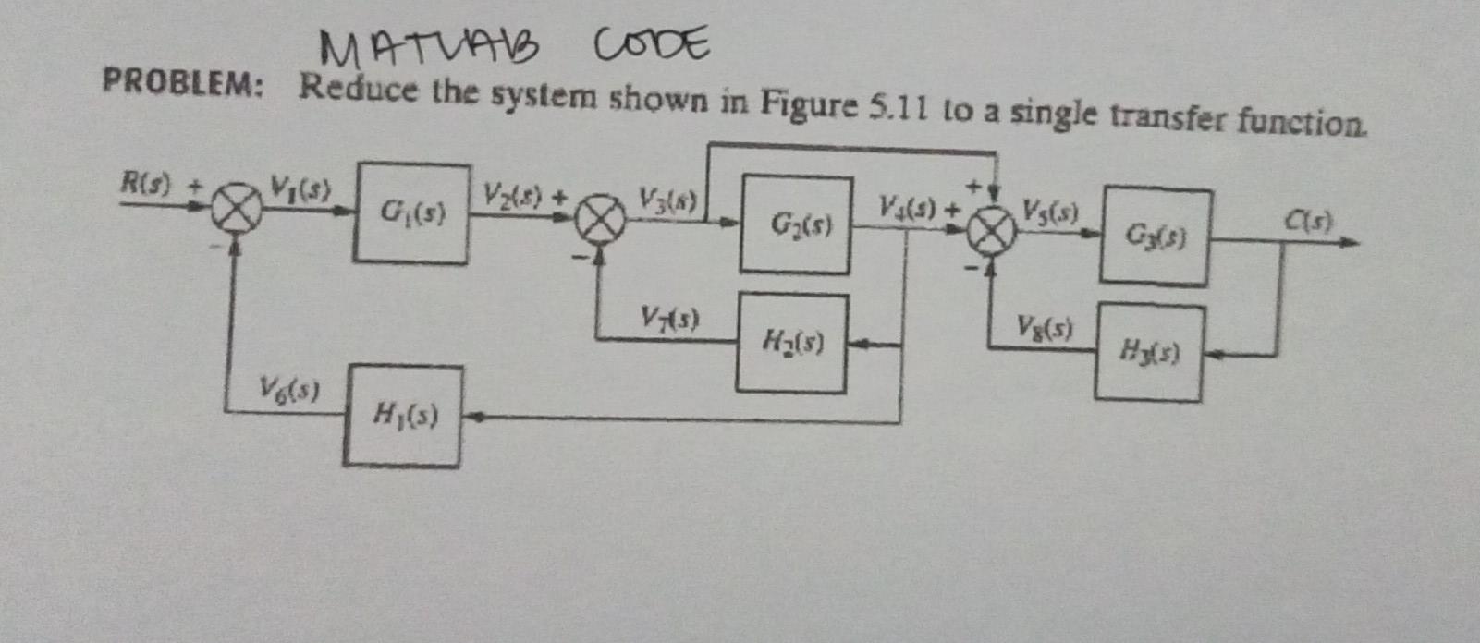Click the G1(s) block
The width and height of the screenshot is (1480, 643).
pos(410,214)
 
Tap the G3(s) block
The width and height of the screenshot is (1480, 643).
pos(1155,237)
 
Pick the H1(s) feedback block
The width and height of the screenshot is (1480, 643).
pos(402,416)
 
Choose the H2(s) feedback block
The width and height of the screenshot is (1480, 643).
pos(791,344)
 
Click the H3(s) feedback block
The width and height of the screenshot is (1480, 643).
pos(1148,352)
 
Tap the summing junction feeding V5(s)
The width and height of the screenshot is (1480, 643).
pos(991,234)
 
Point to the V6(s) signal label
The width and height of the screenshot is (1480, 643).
pos(289,388)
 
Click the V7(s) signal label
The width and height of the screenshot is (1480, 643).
pos(670,320)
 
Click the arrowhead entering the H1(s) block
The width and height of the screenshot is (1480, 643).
pos(472,418)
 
